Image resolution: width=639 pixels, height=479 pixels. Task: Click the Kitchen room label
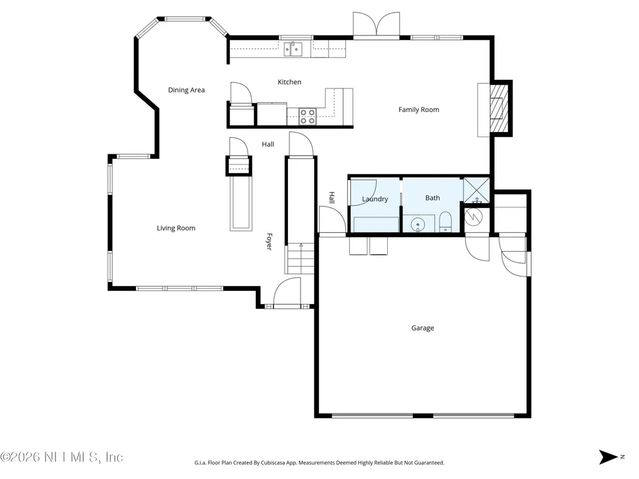point(289,82)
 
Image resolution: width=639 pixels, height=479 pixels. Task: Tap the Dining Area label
point(186,90)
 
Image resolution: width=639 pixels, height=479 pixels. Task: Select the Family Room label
point(418,110)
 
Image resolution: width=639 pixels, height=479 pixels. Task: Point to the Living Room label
point(176,228)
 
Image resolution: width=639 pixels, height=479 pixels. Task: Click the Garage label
point(423,328)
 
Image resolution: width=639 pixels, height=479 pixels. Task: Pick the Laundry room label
point(375,199)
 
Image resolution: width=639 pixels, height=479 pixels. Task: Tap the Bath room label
point(433,198)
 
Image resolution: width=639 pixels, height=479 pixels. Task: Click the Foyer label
point(269,242)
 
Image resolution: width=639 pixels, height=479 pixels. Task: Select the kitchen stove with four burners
point(307,116)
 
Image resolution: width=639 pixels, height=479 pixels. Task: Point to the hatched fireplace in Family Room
point(499,108)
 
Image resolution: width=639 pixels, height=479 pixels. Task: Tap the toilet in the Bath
point(445,222)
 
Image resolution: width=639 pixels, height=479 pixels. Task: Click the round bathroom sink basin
point(418,224)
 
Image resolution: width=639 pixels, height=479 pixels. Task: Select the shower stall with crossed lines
point(476,190)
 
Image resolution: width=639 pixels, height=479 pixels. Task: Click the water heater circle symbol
point(474,217)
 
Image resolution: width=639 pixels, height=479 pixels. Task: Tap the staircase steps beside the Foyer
point(300,258)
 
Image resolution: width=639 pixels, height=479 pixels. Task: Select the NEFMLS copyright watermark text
point(62,457)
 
